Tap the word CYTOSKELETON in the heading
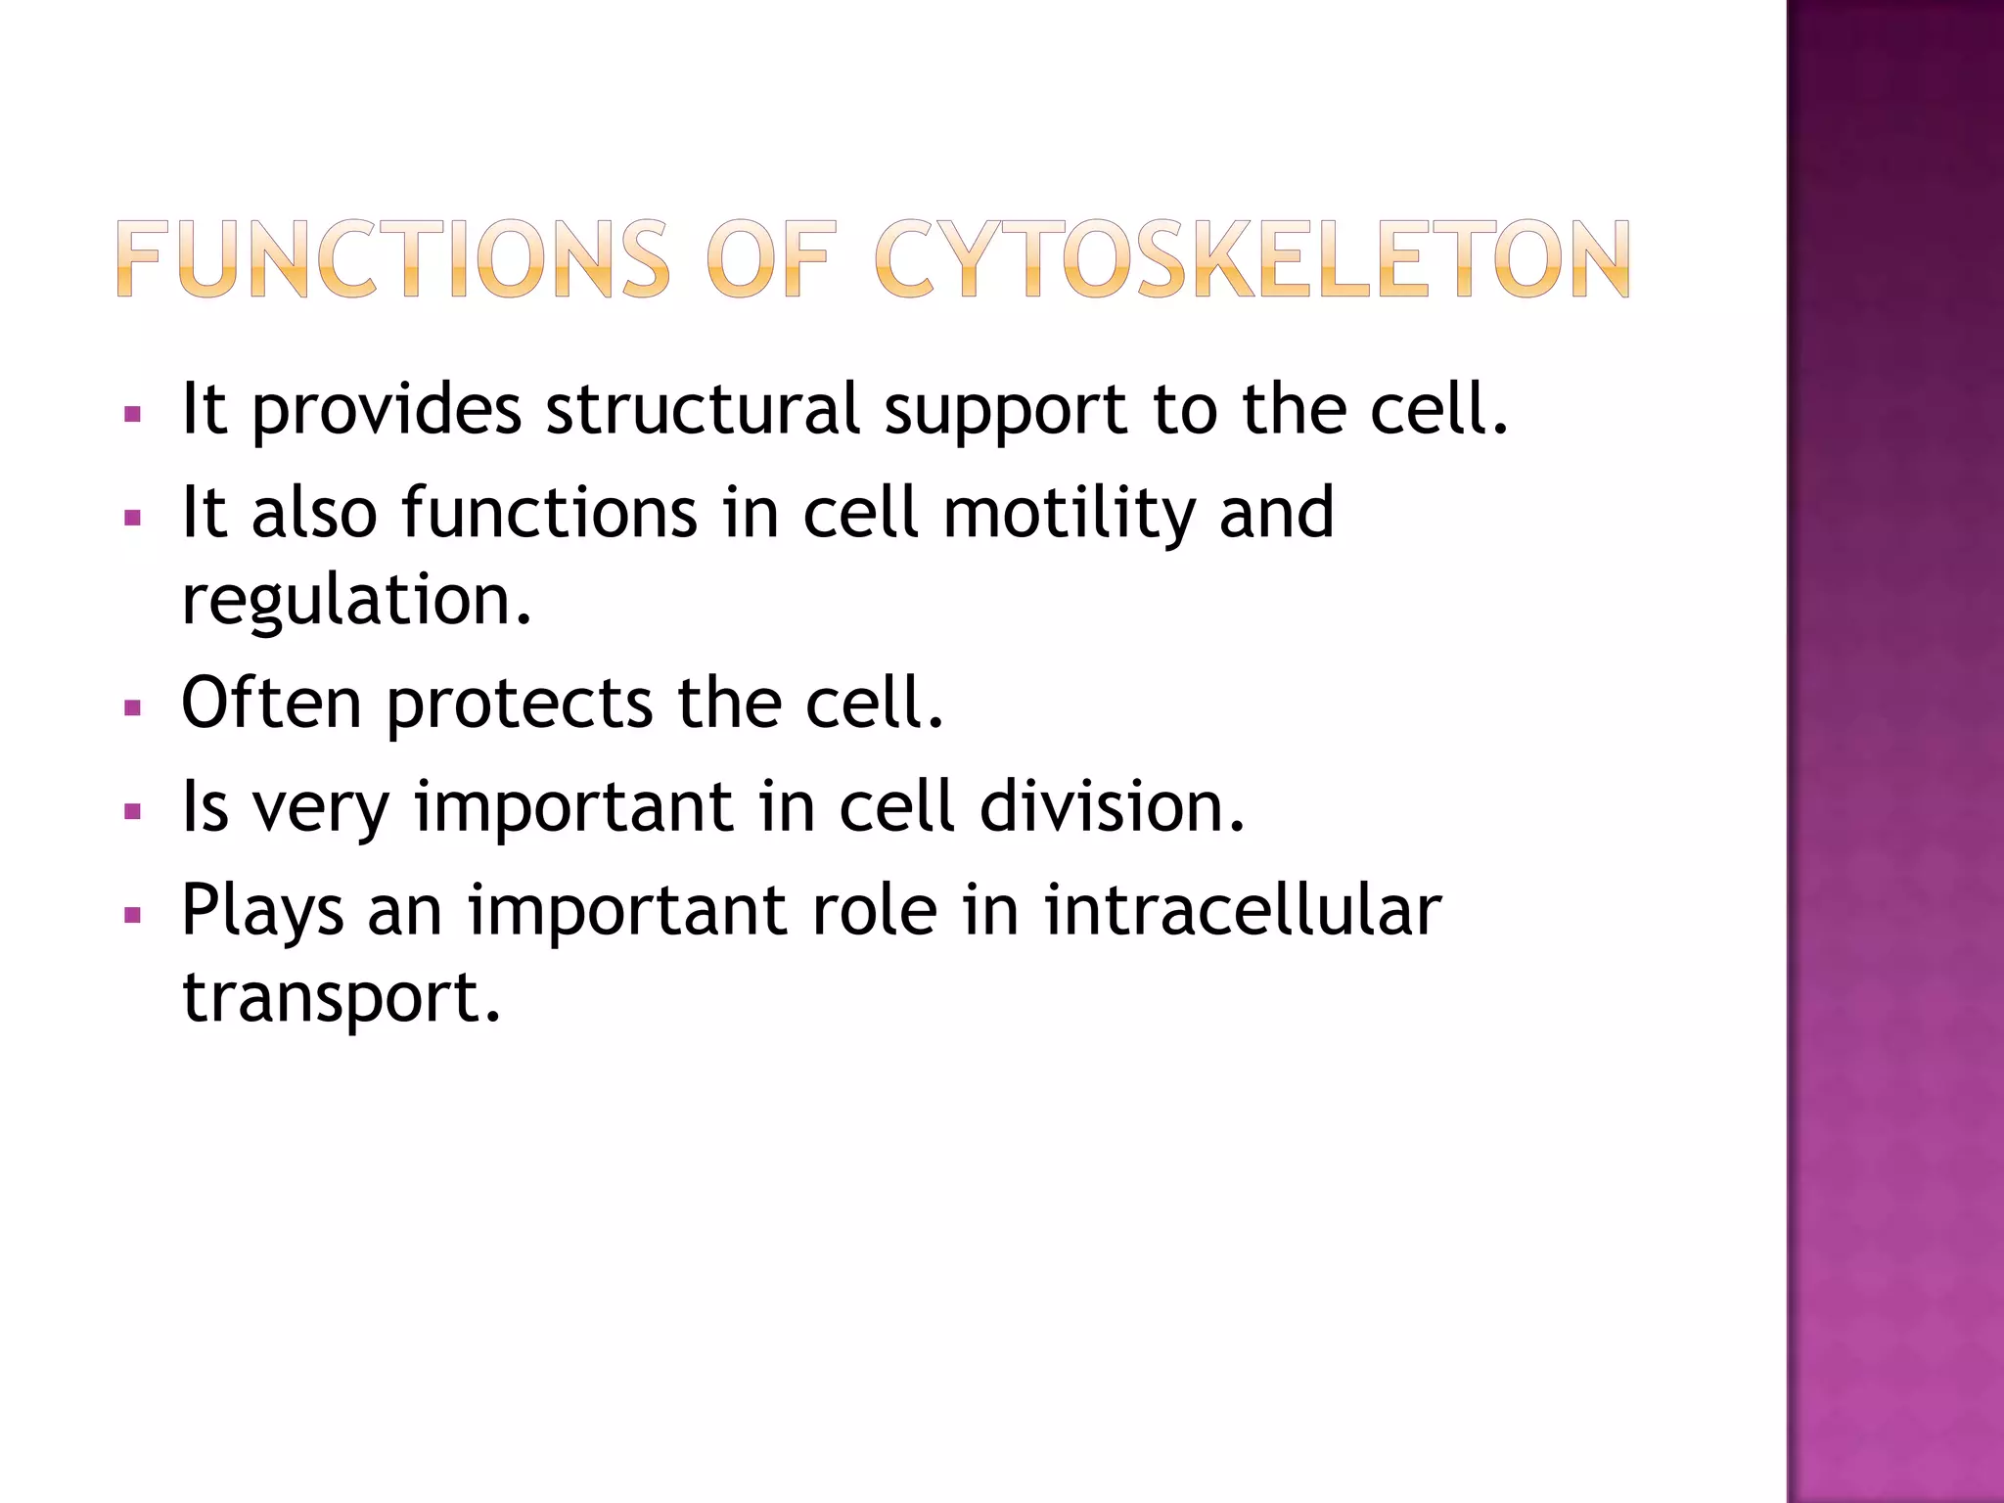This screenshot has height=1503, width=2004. (1252, 259)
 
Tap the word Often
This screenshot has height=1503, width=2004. (272, 703)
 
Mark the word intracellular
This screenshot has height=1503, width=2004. (1242, 910)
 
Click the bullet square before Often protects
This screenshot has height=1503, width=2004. (133, 706)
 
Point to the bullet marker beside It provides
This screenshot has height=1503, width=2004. (133, 414)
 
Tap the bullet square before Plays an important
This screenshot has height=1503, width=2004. (133, 916)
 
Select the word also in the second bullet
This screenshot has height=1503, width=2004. (314, 513)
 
